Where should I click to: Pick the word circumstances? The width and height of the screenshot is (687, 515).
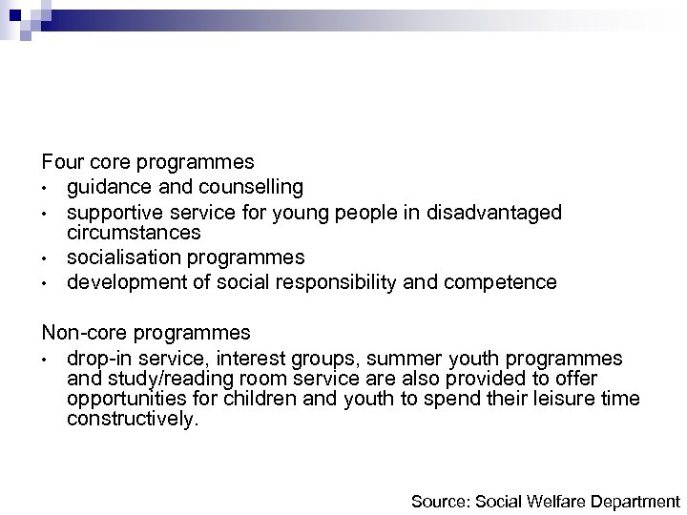tap(134, 233)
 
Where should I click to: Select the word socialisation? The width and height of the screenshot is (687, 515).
tap(121, 257)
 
